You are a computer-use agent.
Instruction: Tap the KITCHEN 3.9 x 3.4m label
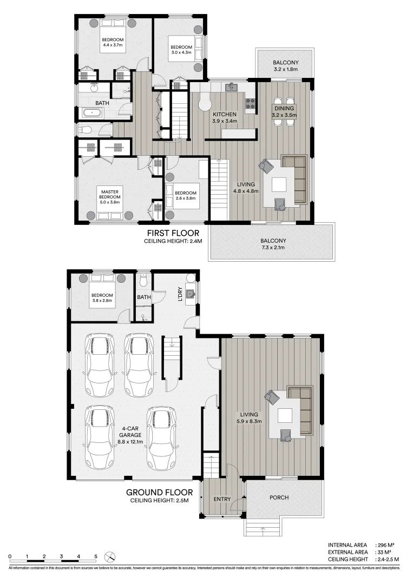click(224, 118)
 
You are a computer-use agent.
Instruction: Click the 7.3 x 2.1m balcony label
click(273, 244)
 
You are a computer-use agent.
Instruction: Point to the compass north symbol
click(110, 556)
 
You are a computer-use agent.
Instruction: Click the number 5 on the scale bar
click(96, 556)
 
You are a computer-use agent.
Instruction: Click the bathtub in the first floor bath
click(91, 114)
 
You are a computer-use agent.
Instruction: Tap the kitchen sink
click(231, 87)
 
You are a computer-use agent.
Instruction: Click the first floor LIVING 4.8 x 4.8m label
click(246, 188)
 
